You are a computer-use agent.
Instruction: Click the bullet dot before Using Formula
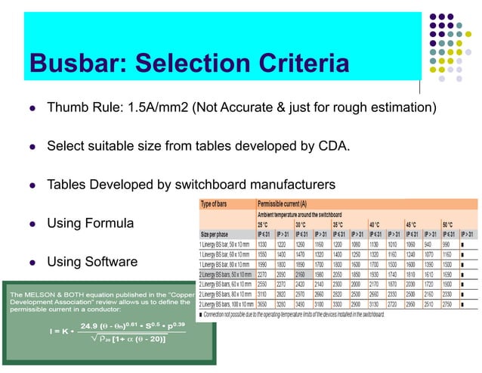pyautogui.click(x=31, y=223)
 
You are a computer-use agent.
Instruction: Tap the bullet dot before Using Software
pyautogui.click(x=31, y=263)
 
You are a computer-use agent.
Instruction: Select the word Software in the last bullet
pyautogui.click(x=111, y=263)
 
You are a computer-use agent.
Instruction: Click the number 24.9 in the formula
pyautogui.click(x=90, y=326)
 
